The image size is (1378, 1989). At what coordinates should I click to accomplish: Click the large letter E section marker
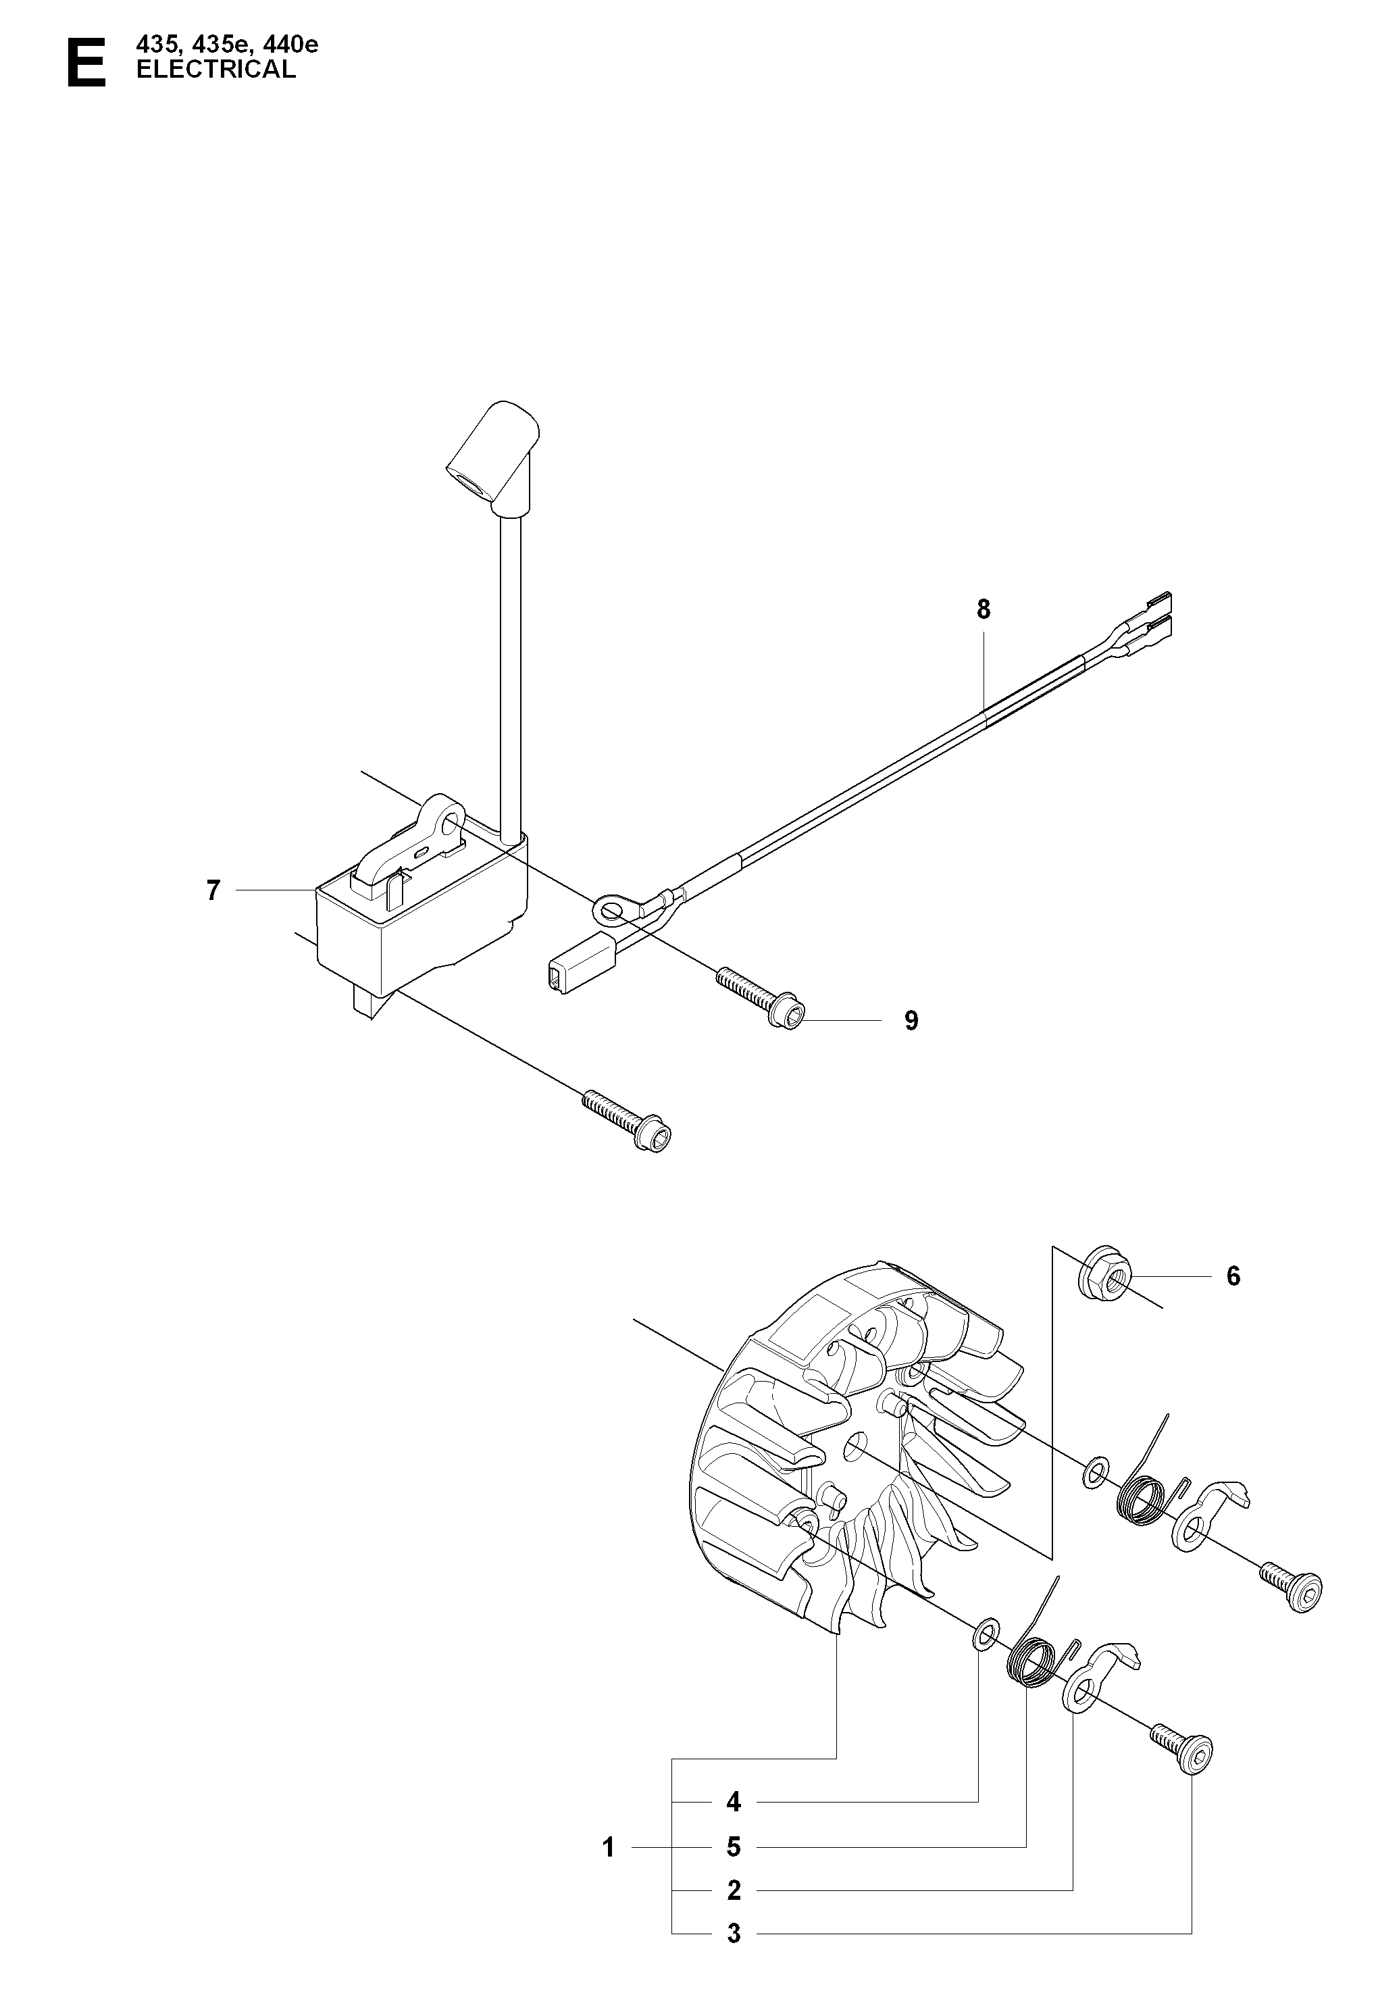point(86,62)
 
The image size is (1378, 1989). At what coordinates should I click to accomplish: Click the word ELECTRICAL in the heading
point(216,70)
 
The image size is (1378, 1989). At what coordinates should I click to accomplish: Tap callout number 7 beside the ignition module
point(213,890)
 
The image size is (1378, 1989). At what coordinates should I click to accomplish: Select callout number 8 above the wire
point(984,610)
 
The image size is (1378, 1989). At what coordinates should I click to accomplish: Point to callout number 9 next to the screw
point(912,1021)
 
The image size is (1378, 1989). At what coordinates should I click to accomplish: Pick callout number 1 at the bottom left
point(609,1847)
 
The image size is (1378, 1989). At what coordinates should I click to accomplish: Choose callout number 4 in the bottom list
point(734,1802)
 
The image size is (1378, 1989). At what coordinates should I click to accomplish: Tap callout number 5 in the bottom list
point(734,1847)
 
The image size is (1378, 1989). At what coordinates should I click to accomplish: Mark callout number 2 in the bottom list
point(734,1890)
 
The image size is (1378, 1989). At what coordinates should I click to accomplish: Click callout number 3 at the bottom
point(734,1934)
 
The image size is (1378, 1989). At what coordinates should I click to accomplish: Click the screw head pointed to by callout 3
point(1195,1753)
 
